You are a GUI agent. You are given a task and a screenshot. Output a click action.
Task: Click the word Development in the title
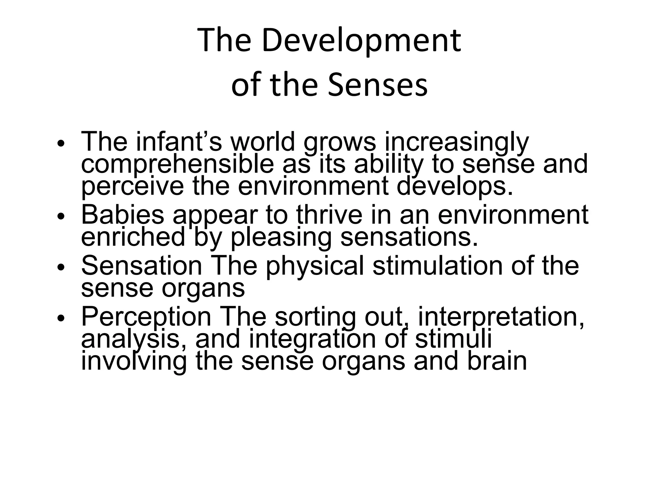[x=361, y=41]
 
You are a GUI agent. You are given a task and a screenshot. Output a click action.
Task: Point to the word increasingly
[x=457, y=142]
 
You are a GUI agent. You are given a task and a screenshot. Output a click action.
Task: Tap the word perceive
[x=132, y=187]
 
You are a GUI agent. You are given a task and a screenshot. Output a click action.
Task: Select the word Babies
[x=123, y=215]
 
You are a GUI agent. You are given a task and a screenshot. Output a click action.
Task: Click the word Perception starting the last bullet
[x=146, y=317]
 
